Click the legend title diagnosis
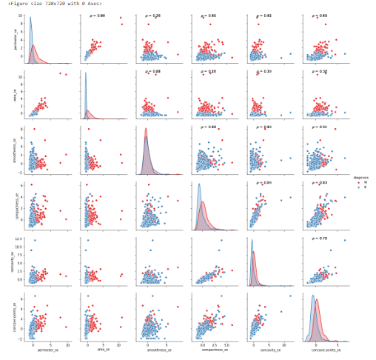point(359,177)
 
